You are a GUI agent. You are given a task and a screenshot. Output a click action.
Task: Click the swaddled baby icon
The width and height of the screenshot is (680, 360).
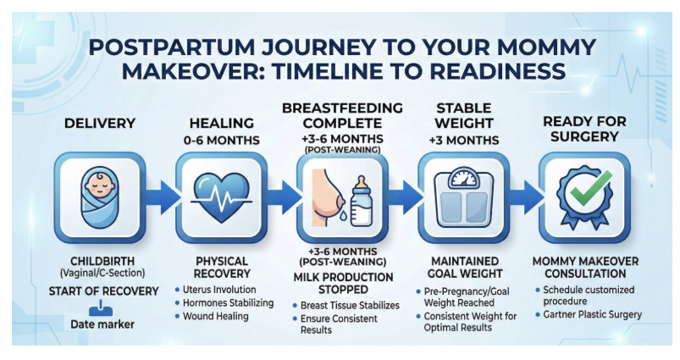point(99,197)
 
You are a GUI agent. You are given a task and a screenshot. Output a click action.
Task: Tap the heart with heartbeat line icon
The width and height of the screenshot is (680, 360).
point(221,197)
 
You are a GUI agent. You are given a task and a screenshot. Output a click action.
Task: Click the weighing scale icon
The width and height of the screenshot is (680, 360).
point(463,197)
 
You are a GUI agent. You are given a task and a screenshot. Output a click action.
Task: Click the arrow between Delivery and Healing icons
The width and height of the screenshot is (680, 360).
point(162,197)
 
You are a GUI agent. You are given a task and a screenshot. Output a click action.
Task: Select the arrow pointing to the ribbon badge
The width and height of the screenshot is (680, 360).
point(526,197)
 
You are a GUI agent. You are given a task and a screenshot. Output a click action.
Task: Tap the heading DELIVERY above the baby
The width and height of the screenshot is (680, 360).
point(100,123)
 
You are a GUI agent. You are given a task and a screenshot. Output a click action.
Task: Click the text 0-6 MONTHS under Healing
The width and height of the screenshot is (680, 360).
point(222,141)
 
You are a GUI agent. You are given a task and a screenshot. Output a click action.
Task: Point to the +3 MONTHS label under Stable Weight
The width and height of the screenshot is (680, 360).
point(464,141)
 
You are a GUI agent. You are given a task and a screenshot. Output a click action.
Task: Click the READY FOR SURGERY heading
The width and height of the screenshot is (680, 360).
point(584,129)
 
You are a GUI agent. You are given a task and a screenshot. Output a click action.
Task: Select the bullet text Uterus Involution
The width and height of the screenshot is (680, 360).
point(219,290)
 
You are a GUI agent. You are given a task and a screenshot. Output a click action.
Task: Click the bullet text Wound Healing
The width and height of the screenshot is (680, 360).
point(216,316)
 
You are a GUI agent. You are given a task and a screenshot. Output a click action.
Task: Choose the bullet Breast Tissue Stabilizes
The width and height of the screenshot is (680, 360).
point(350,305)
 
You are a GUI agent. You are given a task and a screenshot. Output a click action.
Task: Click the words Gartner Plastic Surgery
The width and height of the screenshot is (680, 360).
point(593,314)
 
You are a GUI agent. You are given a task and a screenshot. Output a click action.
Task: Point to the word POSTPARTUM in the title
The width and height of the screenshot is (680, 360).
point(172,47)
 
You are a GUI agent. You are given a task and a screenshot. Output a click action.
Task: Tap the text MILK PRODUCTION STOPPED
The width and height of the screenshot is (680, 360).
point(343,283)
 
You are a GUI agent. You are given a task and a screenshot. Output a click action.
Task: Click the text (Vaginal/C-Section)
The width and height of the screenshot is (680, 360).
point(102,274)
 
